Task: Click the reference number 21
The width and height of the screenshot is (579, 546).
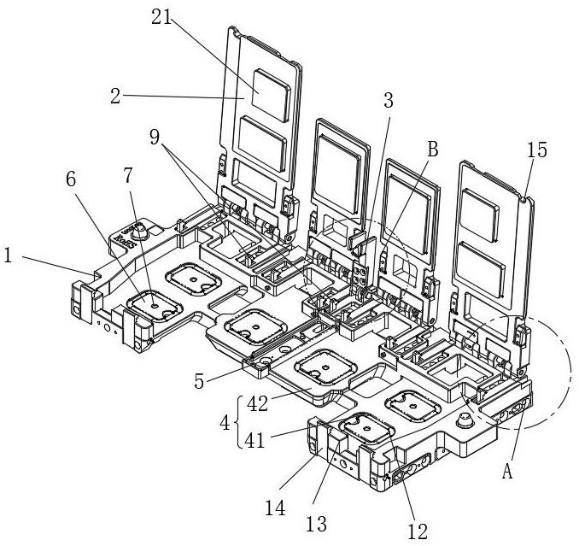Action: coord(162,16)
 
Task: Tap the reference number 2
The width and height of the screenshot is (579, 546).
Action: coord(115,96)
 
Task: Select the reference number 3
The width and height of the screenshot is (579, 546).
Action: coord(389,101)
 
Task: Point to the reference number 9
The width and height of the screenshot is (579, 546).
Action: coord(155,137)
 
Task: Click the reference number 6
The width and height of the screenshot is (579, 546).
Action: coord(71,179)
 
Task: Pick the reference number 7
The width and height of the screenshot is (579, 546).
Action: coord(128,176)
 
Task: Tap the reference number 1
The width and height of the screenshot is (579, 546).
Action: coord(8,255)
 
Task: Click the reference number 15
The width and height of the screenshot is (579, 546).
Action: coord(536,150)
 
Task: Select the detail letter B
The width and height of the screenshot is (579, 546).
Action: coord(432,150)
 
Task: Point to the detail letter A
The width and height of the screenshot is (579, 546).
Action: coord(507,472)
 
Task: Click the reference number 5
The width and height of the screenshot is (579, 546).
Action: coord(199,381)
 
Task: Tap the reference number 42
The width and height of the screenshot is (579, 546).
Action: coord(257,404)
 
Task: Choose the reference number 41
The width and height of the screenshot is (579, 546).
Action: coord(255,440)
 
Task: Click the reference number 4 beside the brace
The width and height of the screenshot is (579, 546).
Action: coord(225,423)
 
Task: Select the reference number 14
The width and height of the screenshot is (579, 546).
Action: coord(275,508)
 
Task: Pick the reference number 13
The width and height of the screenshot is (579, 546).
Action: coord(317,524)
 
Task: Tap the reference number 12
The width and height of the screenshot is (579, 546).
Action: coord(418,531)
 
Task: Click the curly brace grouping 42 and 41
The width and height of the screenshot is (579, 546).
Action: coord(238,422)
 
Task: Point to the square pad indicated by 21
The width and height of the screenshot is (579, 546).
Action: coord(271,96)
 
